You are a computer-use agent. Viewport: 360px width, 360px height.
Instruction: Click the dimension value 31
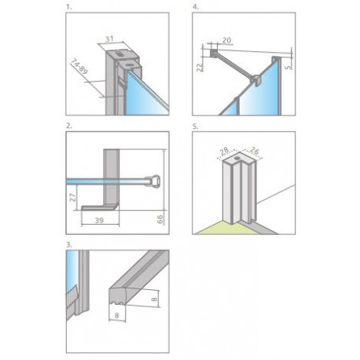point(109,39)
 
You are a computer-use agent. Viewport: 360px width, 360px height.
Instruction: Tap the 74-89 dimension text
point(79,67)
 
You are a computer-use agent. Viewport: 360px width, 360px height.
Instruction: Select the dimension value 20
point(227,40)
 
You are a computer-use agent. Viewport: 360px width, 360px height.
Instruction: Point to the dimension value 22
point(200,67)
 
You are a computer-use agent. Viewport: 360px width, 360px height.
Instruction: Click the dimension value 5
point(288,67)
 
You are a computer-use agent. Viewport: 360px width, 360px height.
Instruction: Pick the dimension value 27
point(73,197)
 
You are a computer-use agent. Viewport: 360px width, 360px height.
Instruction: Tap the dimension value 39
point(99,221)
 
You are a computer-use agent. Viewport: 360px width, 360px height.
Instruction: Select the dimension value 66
point(160,219)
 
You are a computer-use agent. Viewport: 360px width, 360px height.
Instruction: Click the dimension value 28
point(224,152)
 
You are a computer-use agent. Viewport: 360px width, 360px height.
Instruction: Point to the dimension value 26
point(253,151)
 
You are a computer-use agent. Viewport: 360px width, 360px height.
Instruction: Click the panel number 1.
point(68,7)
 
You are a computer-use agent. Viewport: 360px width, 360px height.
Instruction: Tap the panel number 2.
point(69,126)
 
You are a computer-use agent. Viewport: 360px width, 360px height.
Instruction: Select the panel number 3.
point(69,244)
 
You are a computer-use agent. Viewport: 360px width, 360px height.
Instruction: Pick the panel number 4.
point(196,7)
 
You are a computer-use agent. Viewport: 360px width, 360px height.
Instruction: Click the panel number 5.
point(196,127)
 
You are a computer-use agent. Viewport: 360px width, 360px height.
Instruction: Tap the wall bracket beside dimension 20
point(213,53)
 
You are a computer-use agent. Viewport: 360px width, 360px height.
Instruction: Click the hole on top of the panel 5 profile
point(237,158)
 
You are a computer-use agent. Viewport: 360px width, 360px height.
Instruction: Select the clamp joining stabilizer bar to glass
point(255,79)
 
